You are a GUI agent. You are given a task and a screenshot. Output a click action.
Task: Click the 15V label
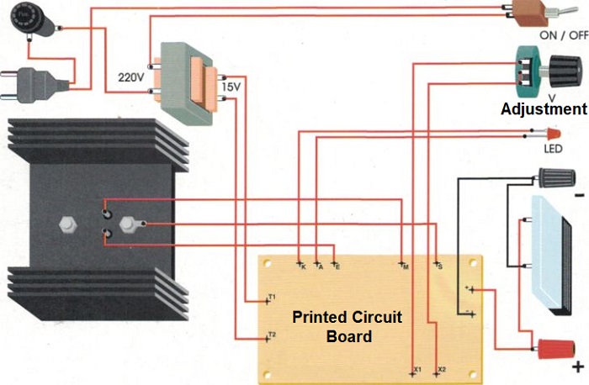coord(231,87)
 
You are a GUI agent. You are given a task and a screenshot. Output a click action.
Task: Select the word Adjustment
coord(544,109)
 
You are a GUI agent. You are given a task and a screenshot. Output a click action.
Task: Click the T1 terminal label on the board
coord(272,297)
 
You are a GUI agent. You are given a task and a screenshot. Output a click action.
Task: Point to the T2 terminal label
coord(272,335)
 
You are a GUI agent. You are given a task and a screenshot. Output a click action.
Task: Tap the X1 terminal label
coord(417,369)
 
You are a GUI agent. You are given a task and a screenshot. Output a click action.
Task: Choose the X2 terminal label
coord(443,369)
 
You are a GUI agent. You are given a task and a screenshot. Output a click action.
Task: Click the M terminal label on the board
coord(406,266)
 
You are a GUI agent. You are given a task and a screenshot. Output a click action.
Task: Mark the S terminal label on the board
coord(438,266)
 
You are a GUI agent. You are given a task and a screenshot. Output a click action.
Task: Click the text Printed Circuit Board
coord(347,327)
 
